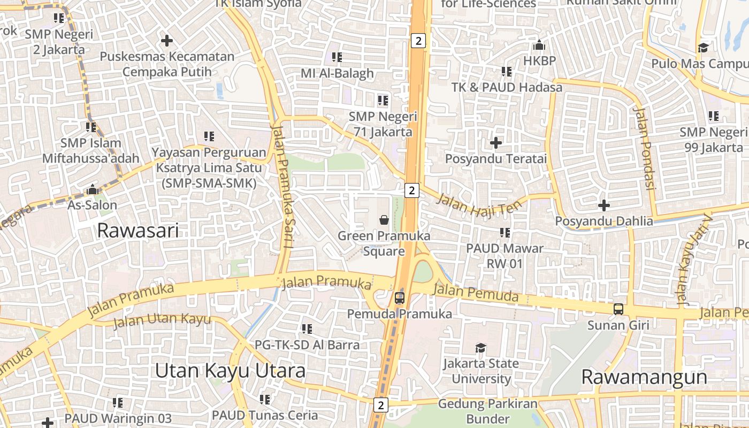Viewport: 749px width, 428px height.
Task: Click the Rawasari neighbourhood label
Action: [x=138, y=231]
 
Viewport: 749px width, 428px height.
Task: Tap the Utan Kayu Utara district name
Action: [x=230, y=371]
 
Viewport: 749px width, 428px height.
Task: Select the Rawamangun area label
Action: [x=644, y=377]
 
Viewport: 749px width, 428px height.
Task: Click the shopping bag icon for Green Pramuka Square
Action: [x=384, y=219]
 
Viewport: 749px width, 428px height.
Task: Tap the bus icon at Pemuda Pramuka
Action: [x=400, y=298]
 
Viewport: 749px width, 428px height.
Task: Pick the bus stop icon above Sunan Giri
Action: [x=618, y=309]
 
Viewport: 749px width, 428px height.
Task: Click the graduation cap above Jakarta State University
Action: [x=480, y=348]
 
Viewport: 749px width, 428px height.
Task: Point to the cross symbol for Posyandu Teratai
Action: [x=496, y=143]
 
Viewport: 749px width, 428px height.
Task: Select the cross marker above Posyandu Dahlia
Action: [x=604, y=205]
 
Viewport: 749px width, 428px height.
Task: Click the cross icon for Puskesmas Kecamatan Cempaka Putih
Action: [x=167, y=40]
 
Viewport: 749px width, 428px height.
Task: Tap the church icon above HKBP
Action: [x=539, y=45]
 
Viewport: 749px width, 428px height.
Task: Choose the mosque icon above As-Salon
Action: [x=93, y=189]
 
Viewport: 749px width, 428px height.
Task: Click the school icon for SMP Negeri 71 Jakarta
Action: [x=383, y=100]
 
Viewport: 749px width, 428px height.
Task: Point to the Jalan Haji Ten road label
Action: [x=479, y=205]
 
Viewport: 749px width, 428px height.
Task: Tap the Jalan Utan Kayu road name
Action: [x=162, y=320]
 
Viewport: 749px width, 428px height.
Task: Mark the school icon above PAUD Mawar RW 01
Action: [x=505, y=233]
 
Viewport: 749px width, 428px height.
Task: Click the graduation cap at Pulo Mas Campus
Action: [x=703, y=48]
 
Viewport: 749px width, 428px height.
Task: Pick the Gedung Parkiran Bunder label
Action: [x=487, y=411]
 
